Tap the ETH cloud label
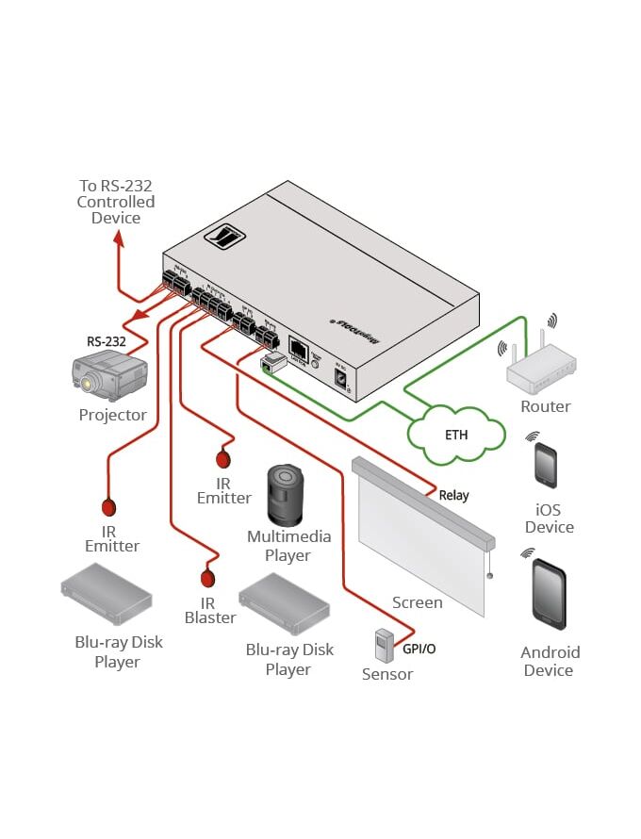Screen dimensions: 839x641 point(455,436)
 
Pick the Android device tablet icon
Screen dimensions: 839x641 point(549,593)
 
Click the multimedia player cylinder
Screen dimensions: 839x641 point(286,494)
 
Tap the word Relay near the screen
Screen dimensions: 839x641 point(453,495)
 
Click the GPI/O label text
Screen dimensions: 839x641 point(419,649)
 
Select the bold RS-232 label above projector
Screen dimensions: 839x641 point(106,341)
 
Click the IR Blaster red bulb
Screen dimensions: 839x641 point(208,578)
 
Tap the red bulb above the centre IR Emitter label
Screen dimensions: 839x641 point(224,460)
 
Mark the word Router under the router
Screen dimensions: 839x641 point(546,406)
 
